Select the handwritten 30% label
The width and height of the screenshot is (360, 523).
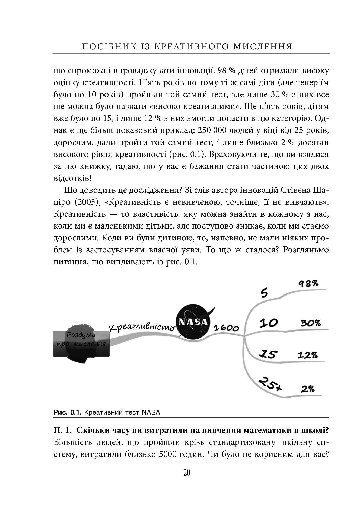[311, 323]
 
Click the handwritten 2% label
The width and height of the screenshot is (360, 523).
[308, 389]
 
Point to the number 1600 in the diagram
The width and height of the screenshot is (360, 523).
[226, 328]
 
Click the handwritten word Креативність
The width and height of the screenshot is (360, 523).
[142, 327]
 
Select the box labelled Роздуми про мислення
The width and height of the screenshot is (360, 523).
[81, 344]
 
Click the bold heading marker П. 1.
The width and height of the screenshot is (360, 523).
[62, 430]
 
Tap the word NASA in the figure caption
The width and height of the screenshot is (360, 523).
[151, 412]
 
